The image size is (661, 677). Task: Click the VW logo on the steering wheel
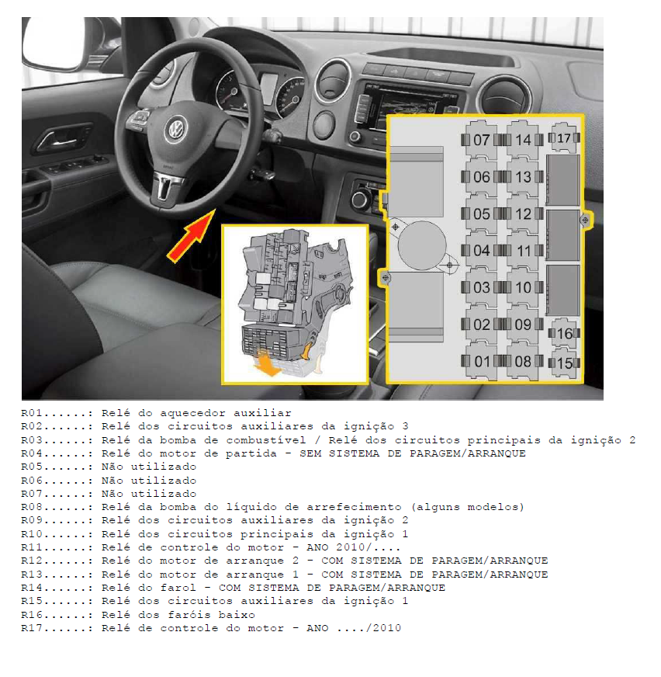point(176,129)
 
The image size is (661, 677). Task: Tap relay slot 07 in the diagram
point(481,140)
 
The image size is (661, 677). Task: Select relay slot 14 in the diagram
point(523,140)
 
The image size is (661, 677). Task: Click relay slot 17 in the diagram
point(564,137)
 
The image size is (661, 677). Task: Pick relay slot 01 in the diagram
point(481,361)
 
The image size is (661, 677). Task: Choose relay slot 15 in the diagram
point(564,363)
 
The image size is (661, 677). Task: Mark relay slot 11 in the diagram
point(523,251)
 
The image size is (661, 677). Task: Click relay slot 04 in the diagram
point(481,251)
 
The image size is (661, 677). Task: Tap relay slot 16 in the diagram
point(564,333)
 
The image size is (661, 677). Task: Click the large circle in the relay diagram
point(422,245)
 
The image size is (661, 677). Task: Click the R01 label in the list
point(32,413)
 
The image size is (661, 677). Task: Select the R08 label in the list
point(32,507)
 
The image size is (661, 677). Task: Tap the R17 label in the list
point(32,628)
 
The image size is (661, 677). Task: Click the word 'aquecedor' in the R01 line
point(193,414)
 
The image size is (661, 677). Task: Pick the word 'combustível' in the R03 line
point(266,440)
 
